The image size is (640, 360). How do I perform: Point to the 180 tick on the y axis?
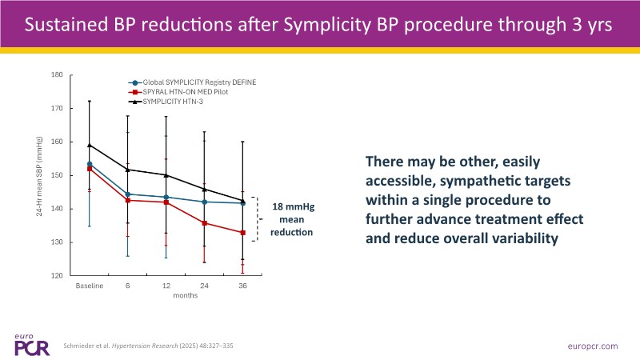(x=57, y=75)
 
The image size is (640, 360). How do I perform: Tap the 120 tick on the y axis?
(x=57, y=276)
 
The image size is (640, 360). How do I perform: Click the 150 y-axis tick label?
(x=57, y=175)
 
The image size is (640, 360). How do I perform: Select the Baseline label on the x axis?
(x=89, y=285)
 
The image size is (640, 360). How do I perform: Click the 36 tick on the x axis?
(x=243, y=285)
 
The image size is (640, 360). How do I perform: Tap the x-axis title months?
(x=166, y=294)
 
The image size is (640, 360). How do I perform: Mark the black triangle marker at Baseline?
(x=90, y=146)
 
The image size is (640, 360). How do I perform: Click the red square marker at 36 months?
(x=243, y=233)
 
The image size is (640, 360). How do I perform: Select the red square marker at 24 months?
(x=205, y=223)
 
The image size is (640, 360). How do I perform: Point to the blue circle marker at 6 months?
(x=128, y=194)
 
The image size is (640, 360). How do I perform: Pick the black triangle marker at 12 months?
(x=166, y=175)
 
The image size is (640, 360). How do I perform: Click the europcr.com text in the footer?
(x=590, y=346)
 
